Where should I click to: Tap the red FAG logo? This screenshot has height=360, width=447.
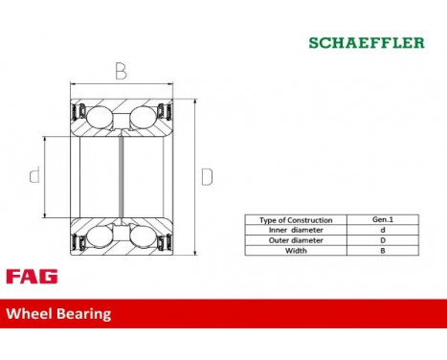coord(31,276)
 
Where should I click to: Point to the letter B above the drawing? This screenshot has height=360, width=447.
coord(122,72)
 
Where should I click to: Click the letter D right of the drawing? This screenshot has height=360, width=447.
coord(207,178)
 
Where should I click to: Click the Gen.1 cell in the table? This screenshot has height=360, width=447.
coord(383,220)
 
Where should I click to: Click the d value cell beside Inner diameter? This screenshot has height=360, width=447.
coord(383,231)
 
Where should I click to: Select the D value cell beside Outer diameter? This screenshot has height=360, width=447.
coord(383,241)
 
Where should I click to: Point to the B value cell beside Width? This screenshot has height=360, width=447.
coord(383,252)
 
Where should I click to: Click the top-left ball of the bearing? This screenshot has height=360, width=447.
coord(100,118)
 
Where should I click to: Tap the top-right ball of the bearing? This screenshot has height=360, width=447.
coord(142,118)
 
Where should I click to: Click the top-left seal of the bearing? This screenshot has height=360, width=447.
coord(78,107)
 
